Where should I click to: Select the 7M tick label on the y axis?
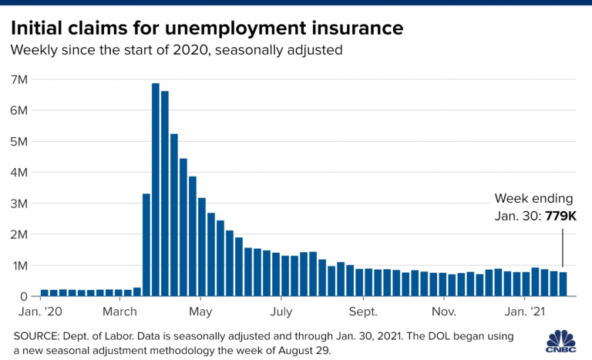19,79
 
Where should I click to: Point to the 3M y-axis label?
19,204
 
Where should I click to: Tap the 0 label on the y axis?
24,296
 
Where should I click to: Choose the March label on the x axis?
119,312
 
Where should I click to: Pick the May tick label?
200,312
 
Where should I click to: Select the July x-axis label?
281,312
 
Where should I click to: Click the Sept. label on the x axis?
362,312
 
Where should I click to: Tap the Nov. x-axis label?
443,312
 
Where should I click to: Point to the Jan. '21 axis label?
525,312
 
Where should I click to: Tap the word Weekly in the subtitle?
32,50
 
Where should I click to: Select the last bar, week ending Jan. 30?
563,284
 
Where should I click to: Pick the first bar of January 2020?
45,293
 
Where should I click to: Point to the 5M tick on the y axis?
19,142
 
